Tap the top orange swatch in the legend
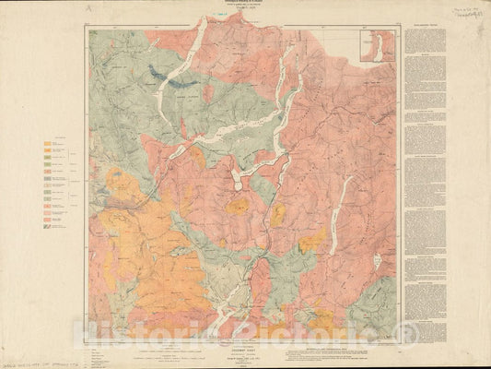pyautogui.click(x=47, y=143)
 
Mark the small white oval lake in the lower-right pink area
pyautogui.click(x=377, y=263)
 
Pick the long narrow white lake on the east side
pyautogui.click(x=339, y=212)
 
